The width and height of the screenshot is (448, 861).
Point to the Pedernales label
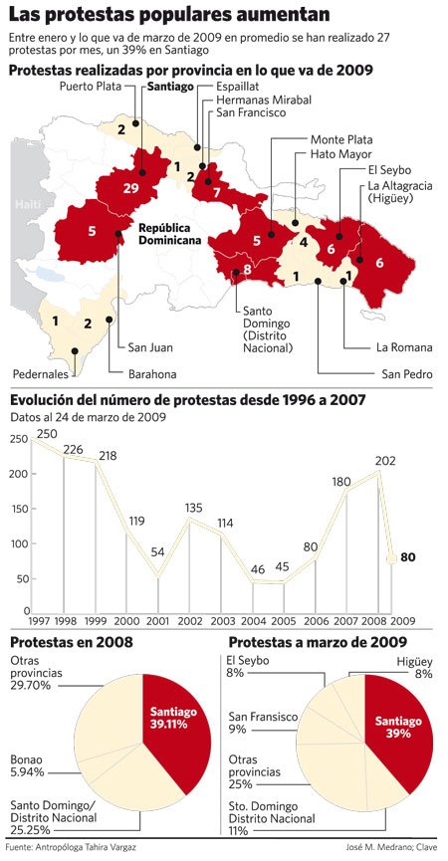click(41, 374)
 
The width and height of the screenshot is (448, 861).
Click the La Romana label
click(404, 347)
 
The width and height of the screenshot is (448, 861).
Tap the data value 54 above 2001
click(157, 551)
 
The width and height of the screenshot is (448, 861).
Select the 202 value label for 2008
click(385, 462)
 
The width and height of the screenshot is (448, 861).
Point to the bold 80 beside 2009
click(407, 557)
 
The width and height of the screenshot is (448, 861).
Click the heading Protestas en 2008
click(70, 642)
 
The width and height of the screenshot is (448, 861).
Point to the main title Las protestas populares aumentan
click(169, 16)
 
